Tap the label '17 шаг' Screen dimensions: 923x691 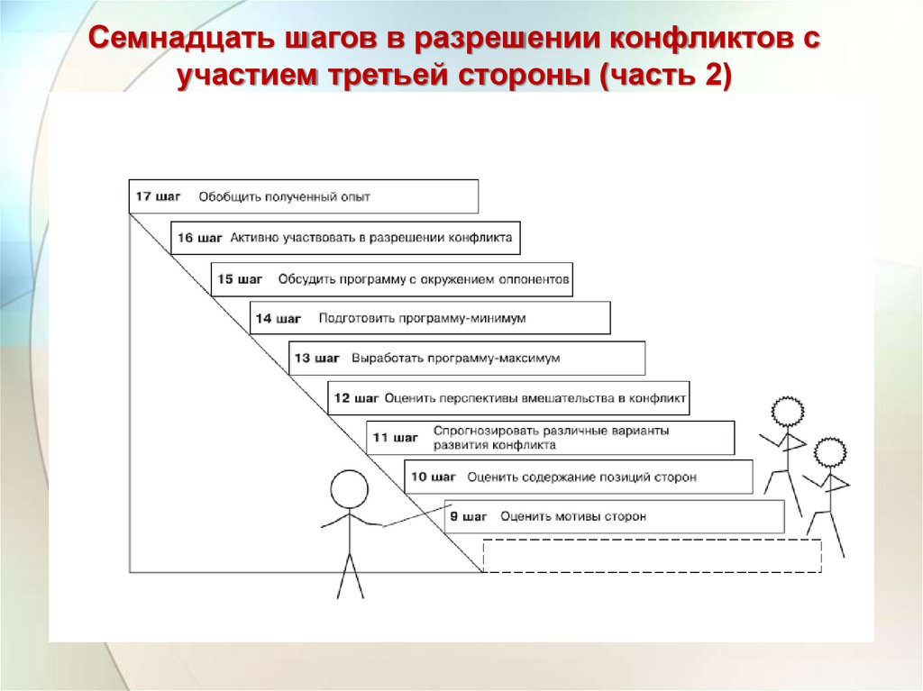coord(158,195)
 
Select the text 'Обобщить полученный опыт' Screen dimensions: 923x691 coord(284,196)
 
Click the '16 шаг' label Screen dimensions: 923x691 coord(199,238)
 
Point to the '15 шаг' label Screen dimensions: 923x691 coord(240,279)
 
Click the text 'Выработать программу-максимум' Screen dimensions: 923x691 coord(455,358)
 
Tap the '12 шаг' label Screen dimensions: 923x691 coord(356,397)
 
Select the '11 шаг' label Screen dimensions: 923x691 coord(395,437)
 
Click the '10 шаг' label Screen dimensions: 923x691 coord(434,477)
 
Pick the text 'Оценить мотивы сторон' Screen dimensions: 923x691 coord(572,516)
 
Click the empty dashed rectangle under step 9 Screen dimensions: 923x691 coord(652,555)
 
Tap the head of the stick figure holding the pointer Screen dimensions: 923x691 coord(349,490)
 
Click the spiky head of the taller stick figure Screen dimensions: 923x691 coord(787,413)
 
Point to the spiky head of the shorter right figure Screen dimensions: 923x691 coord(829,452)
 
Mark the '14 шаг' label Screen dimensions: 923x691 coord(278,318)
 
